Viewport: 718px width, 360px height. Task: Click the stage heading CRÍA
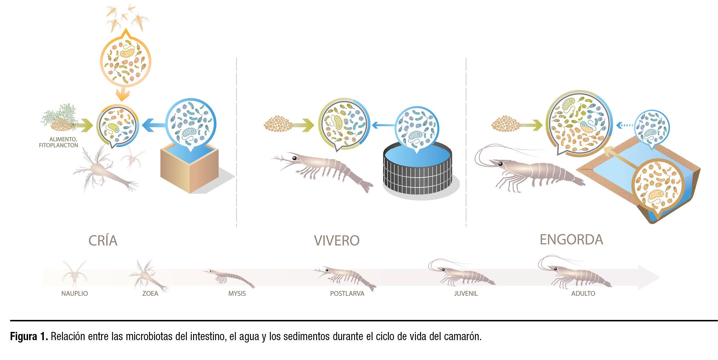click(x=103, y=240)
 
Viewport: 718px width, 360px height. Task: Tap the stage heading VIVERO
click(x=337, y=240)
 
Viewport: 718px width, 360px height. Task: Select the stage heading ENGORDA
click(x=571, y=240)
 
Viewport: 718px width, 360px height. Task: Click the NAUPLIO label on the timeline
click(x=75, y=294)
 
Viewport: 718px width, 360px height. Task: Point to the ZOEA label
click(x=150, y=294)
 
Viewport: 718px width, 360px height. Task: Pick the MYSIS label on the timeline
click(x=237, y=294)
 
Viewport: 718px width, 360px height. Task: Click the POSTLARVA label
click(x=347, y=294)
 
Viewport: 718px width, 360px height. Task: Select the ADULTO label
click(x=583, y=294)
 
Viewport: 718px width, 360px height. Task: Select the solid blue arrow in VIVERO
click(x=383, y=126)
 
